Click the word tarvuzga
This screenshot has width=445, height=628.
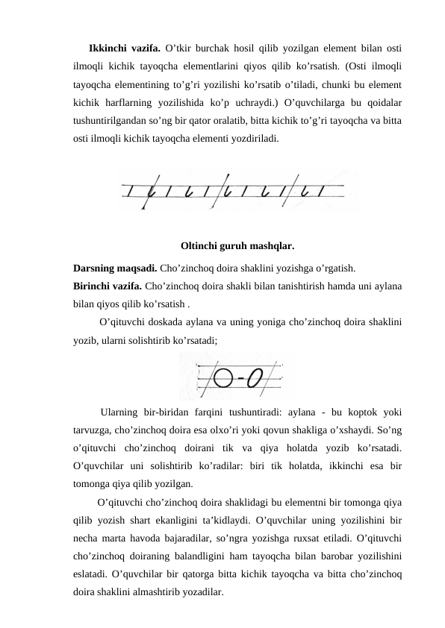coord(93,430)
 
